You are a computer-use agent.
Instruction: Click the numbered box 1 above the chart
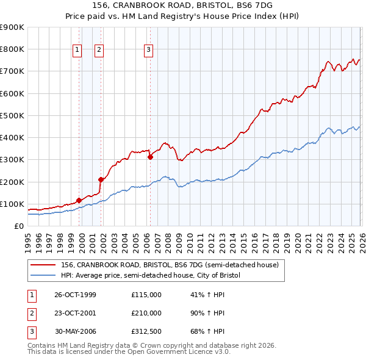tap(79, 51)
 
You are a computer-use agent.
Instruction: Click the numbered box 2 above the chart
tap(99, 51)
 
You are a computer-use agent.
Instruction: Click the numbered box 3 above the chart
tap(149, 51)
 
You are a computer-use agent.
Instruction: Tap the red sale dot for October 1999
tap(79, 200)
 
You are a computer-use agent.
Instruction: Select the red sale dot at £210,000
tap(101, 179)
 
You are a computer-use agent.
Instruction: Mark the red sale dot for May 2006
tap(150, 157)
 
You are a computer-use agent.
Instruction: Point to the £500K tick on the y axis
tap(12, 115)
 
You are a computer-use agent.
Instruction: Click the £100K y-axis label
tap(12, 204)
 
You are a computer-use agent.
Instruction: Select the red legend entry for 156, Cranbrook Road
tap(170, 265)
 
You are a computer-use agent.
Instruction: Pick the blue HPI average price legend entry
tap(151, 276)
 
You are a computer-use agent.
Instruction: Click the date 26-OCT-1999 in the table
tap(75, 295)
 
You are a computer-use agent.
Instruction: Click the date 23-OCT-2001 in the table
tap(75, 312)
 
